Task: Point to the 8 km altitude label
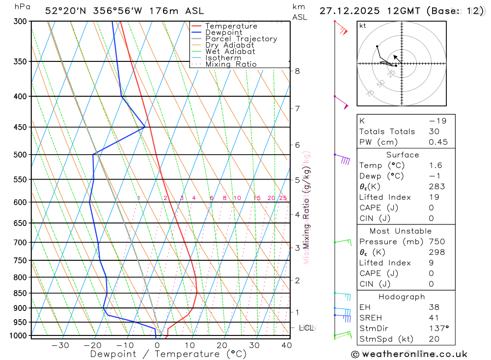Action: click(x=297, y=71)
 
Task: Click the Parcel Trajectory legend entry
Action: click(x=241, y=39)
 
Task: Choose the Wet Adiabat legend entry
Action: click(x=230, y=52)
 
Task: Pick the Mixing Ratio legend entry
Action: click(x=231, y=64)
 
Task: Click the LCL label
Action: click(x=306, y=328)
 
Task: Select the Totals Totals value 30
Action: click(x=434, y=132)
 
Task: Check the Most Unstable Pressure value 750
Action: click(x=436, y=242)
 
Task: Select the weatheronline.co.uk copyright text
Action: click(x=409, y=354)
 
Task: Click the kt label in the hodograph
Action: click(x=362, y=26)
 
